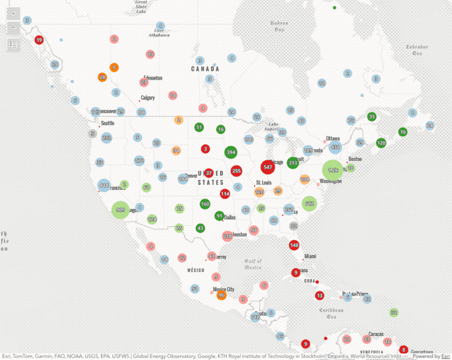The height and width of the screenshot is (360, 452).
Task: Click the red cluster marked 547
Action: pos(268,167)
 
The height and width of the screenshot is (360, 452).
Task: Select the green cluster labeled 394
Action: pos(230,152)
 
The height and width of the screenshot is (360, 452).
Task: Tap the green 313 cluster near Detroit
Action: pos(293,163)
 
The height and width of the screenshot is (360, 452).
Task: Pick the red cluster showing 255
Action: pos(236,171)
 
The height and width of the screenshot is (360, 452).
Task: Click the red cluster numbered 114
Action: pos(225,194)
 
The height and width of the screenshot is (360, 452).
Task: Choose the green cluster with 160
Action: pos(205,204)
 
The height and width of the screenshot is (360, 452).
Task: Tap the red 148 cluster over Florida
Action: pos(294,245)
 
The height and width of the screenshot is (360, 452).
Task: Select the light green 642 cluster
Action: pos(309,204)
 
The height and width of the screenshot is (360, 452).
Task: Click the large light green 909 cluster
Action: pos(121,209)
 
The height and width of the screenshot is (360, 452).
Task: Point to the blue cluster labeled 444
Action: pos(104,185)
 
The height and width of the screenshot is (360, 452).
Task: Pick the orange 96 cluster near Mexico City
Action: pos(221,295)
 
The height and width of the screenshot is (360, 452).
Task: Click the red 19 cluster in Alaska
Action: pos(39,40)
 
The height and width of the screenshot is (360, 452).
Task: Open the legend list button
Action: pos(13,45)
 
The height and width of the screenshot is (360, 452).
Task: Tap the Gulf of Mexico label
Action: pos(253,264)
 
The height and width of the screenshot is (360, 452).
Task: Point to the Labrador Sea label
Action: pos(417,50)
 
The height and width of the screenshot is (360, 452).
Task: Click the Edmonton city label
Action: pos(153,78)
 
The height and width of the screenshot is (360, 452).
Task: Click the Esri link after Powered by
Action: pos(446,356)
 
